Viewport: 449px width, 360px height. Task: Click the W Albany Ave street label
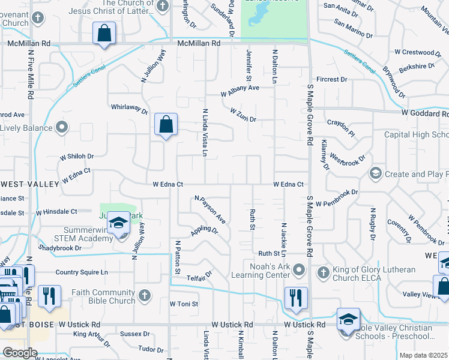click(240, 91)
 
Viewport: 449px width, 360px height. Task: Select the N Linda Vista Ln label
click(205, 133)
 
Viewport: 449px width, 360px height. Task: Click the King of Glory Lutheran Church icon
click(323, 273)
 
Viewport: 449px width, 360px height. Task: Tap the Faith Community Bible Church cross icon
click(144, 295)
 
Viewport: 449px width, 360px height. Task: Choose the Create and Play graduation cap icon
click(376, 174)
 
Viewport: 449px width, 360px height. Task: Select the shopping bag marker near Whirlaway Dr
click(166, 125)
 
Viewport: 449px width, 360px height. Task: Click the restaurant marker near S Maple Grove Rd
click(296, 298)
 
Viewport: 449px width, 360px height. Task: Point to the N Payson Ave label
click(209, 209)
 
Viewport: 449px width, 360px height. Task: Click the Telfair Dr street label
click(199, 277)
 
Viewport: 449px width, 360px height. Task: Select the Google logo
click(20, 353)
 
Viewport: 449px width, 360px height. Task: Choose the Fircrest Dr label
click(332, 79)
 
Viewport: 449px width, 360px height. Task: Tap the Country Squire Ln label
click(82, 272)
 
